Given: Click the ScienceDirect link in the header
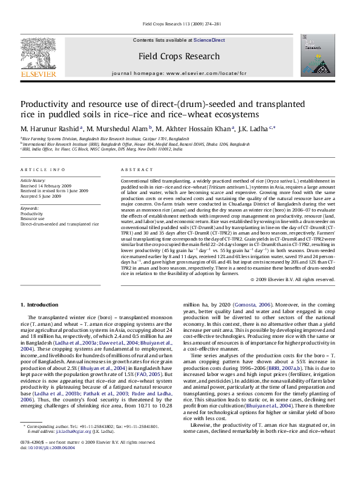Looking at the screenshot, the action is tap(209, 40).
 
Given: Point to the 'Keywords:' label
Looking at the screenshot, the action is tap(31, 209).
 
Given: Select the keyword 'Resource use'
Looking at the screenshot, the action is tap(35, 219).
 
